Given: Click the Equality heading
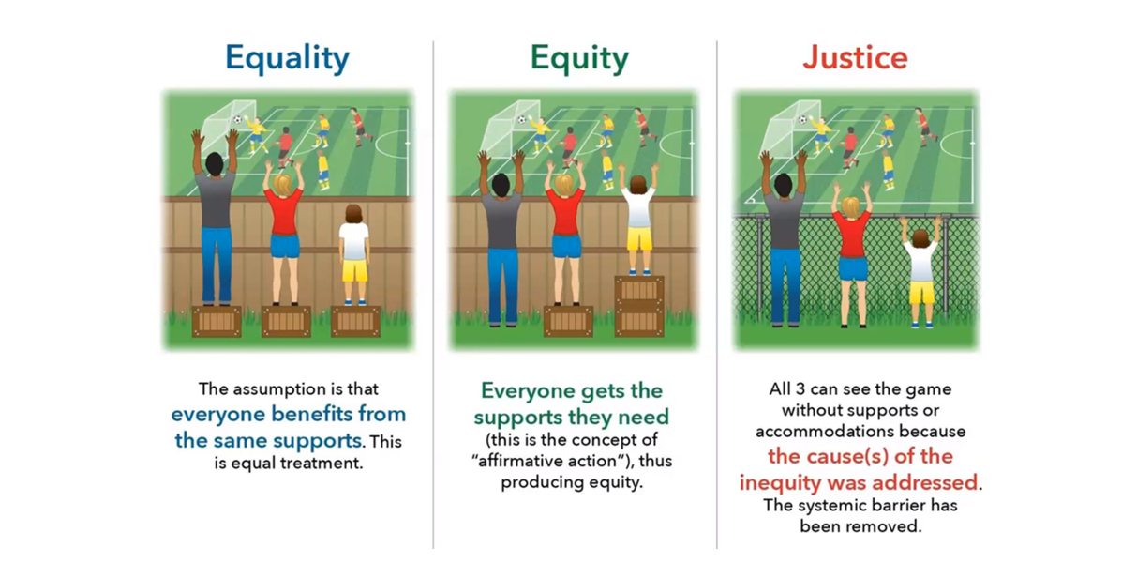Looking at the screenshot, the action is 287,58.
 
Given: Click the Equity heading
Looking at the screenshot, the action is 579,58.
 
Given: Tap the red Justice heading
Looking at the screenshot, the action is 855,57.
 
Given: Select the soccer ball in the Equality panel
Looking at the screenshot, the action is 237,119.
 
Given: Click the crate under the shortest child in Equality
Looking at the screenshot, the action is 355,321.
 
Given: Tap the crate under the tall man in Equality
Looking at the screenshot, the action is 217,321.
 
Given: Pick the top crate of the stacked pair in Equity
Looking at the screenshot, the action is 639,290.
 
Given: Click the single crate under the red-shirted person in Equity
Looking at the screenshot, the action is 568,321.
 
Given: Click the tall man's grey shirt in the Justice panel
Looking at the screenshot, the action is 785,220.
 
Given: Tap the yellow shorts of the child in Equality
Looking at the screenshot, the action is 355,270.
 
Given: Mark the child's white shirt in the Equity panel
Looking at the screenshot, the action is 638,208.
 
